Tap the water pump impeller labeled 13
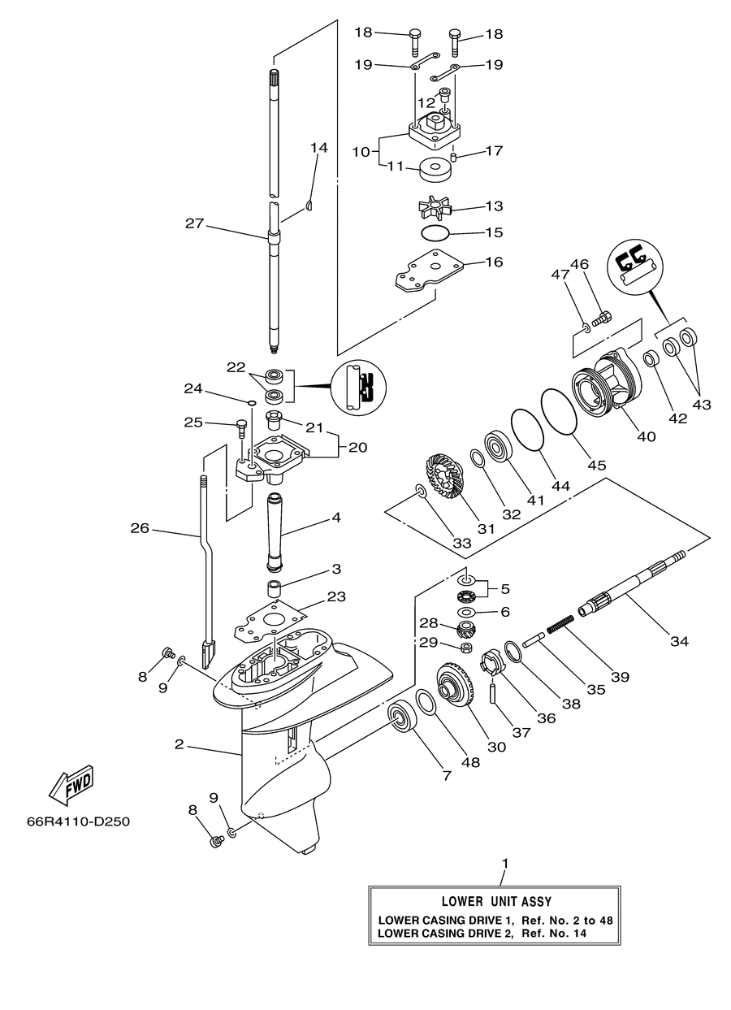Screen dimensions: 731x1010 (435, 207)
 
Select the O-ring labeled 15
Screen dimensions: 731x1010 (435, 233)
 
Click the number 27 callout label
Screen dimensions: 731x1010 (195, 223)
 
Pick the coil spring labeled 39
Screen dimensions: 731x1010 (560, 623)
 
